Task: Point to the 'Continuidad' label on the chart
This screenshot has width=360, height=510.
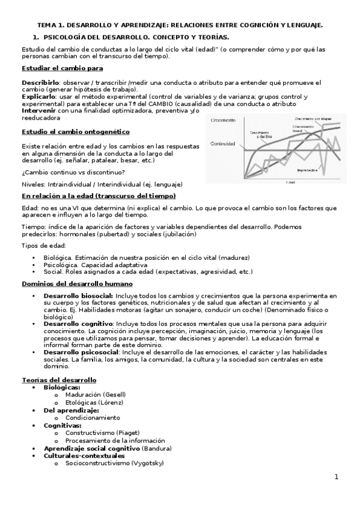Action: (222, 143)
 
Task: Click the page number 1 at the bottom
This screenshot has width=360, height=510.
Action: (337, 477)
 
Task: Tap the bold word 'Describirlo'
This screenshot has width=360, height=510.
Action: (40, 82)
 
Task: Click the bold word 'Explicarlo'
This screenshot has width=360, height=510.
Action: (38, 96)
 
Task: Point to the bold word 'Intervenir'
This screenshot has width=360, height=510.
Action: (39, 111)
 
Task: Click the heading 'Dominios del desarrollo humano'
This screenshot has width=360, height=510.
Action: (77, 283)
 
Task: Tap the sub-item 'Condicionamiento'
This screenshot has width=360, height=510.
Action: (93, 417)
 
